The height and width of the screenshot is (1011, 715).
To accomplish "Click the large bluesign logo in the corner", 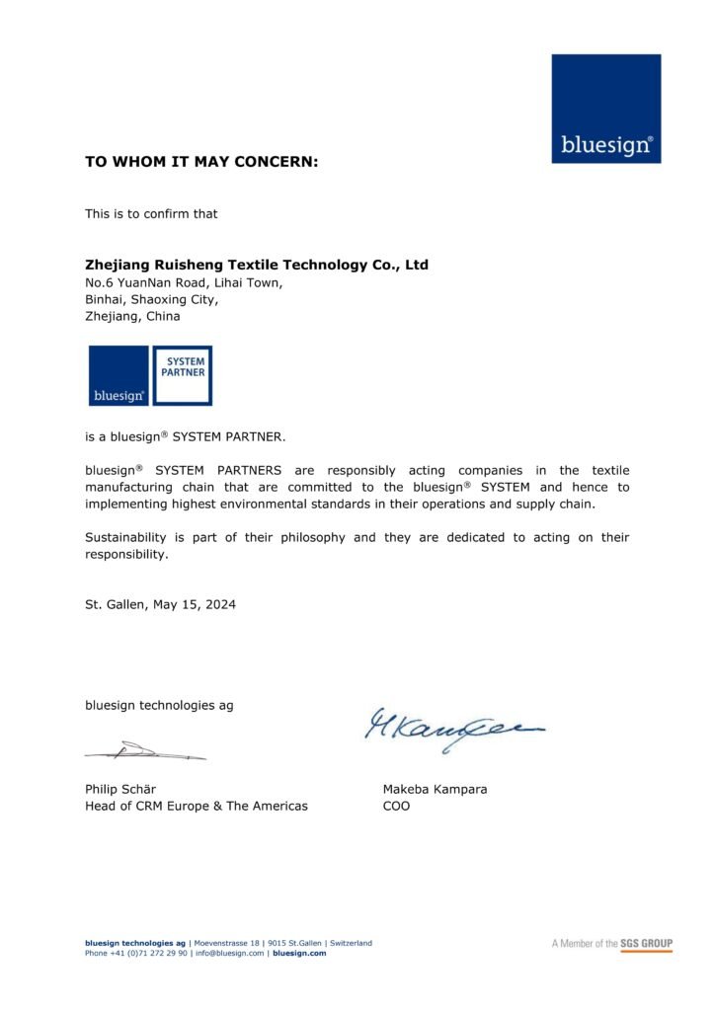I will click(605, 109).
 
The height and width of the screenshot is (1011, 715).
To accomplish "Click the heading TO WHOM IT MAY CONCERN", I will click(201, 161).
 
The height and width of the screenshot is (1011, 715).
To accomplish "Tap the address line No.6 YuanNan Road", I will click(184, 282).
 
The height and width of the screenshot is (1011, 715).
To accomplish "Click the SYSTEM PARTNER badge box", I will click(183, 375).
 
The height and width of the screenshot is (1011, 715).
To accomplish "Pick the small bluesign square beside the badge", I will click(119, 375).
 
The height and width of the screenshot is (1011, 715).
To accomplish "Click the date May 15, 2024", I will click(196, 604).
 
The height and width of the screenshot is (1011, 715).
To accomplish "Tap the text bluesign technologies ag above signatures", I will click(159, 705).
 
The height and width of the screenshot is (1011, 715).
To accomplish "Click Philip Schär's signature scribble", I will click(145, 752).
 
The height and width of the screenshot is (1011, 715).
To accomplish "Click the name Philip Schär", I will click(120, 789).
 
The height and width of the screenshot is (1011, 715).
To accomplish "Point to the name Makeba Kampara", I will click(435, 789).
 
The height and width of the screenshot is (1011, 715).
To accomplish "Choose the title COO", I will click(396, 806).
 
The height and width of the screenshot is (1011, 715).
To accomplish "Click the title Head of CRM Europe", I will click(196, 806).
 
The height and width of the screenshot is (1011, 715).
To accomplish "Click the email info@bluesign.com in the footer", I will click(230, 953).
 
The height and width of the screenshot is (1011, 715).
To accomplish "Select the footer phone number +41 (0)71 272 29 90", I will click(148, 953).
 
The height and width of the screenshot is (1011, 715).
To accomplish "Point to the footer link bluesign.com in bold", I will click(299, 953).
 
